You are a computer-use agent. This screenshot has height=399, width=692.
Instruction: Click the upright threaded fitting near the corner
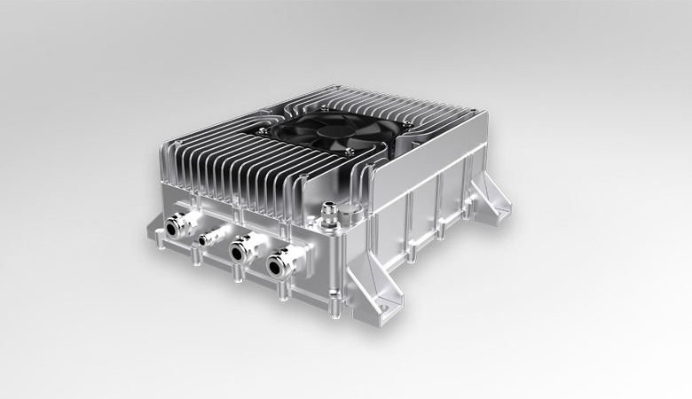pyautogui.click(x=331, y=210)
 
